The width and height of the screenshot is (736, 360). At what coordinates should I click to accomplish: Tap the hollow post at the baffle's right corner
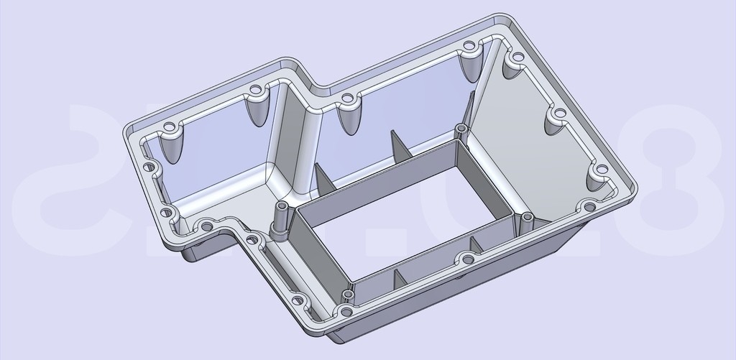(x=527, y=220)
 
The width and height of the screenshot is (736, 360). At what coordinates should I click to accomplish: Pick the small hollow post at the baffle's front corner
(x=349, y=297)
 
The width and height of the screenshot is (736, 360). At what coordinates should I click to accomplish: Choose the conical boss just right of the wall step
(x=349, y=115)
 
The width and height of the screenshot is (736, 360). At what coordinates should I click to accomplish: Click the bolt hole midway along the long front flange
(x=468, y=259)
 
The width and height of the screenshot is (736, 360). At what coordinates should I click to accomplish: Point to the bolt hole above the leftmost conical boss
(x=169, y=127)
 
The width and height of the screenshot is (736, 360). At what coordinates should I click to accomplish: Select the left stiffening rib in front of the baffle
(x=396, y=280)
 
